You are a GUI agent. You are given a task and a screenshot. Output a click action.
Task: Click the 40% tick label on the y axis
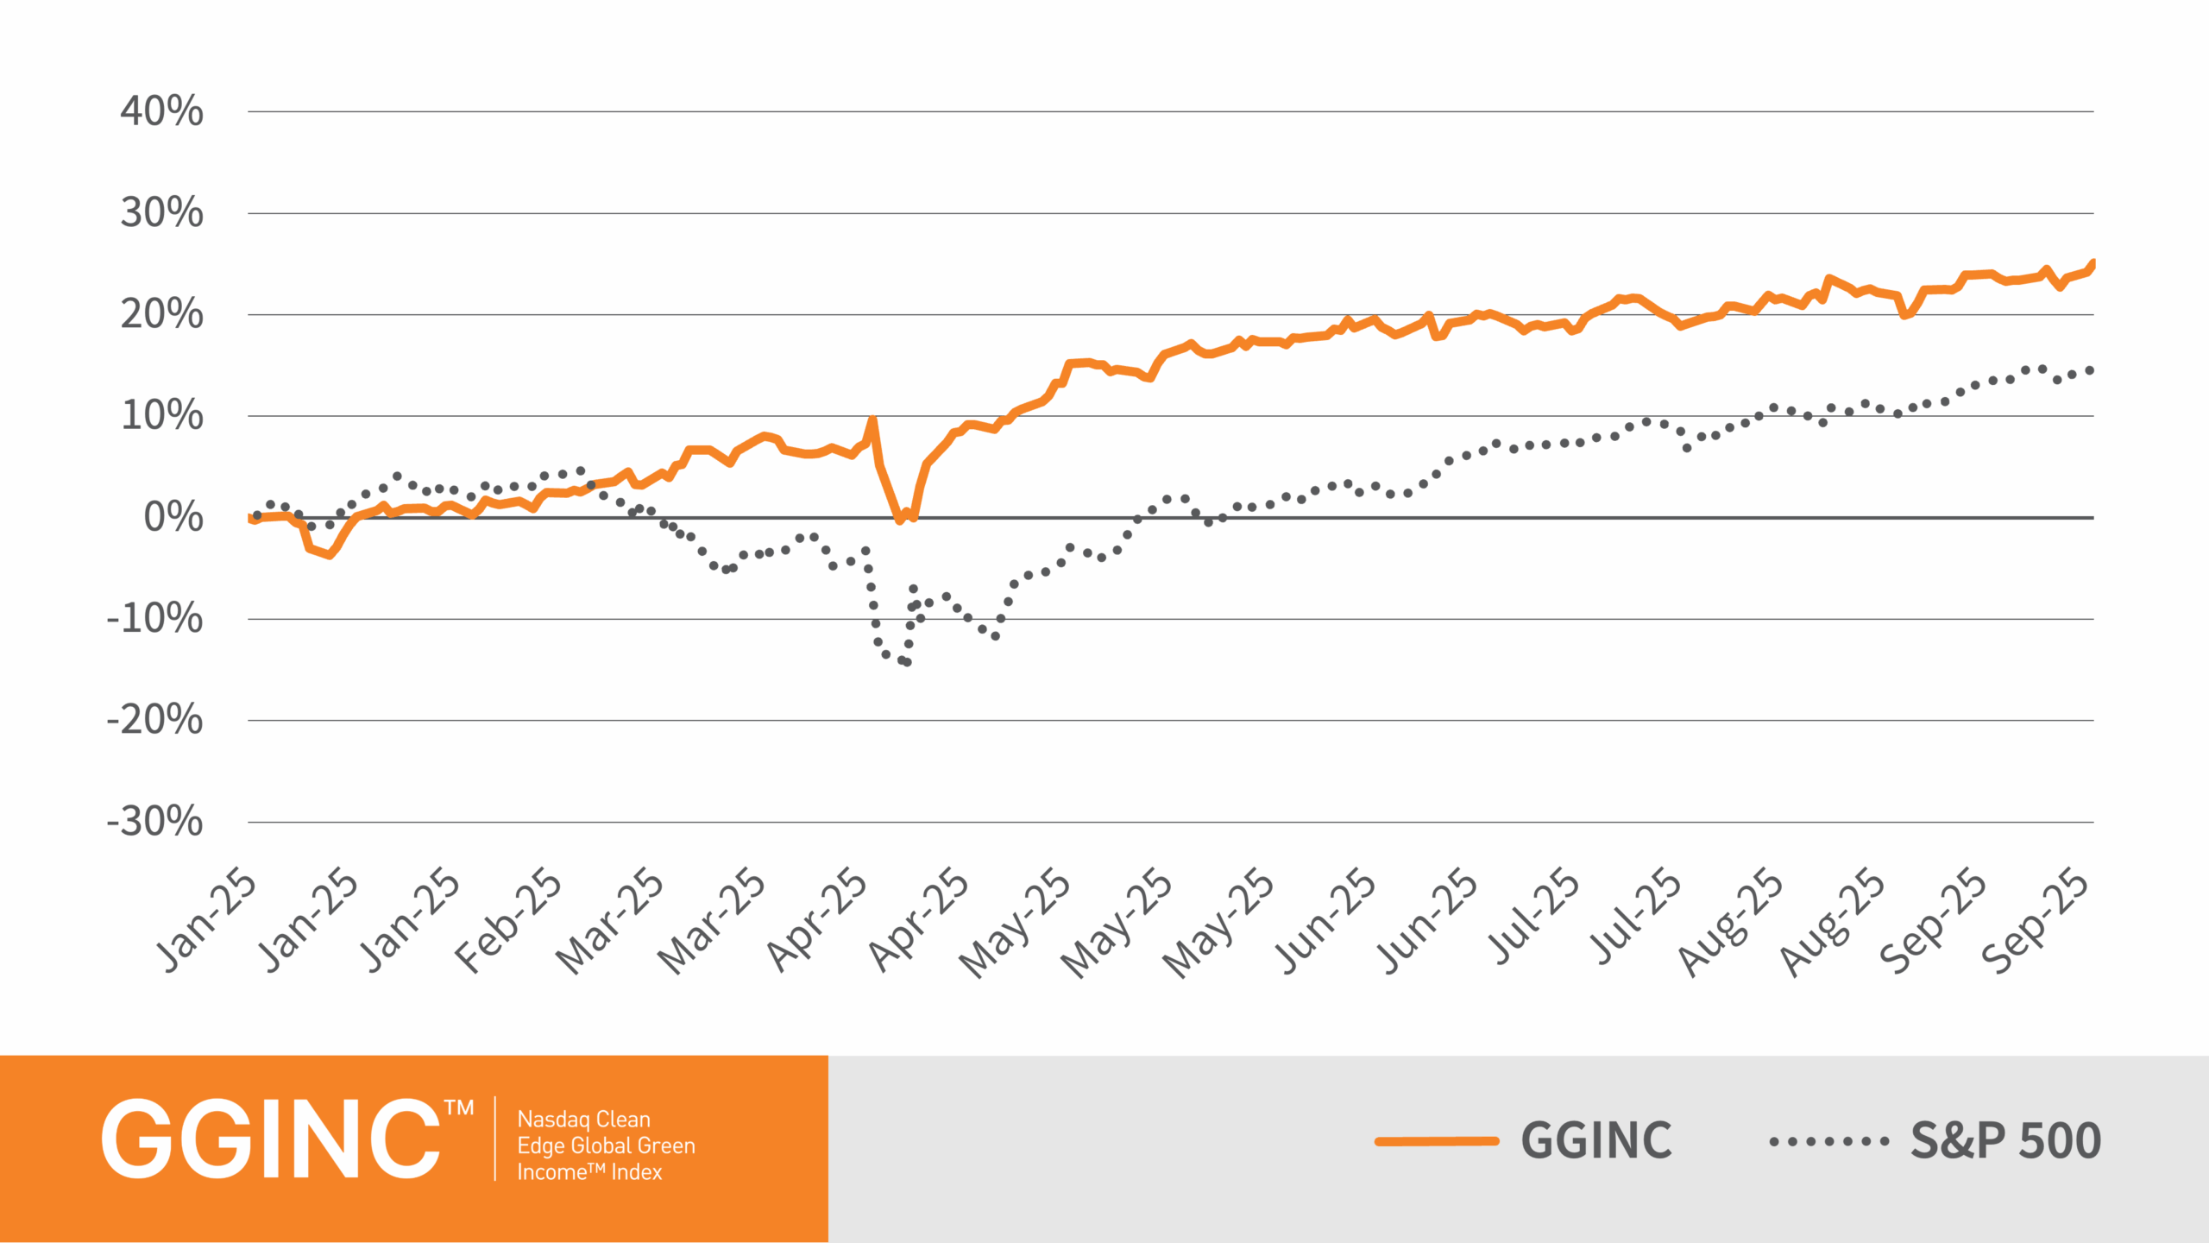point(161,111)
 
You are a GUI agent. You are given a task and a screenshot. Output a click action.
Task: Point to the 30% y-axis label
point(161,212)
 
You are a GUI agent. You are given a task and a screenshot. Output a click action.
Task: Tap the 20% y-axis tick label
point(161,314)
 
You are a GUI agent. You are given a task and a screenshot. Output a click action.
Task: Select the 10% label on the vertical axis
point(161,415)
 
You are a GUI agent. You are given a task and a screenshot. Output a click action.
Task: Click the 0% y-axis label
point(173,517)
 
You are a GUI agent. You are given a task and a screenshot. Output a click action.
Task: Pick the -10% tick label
point(154,619)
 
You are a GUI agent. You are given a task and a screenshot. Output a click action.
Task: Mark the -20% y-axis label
point(154,720)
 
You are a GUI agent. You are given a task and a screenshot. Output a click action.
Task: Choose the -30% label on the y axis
point(154,822)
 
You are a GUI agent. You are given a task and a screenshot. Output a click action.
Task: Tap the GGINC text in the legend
point(1595,1140)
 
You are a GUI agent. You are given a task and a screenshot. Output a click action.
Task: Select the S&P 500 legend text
point(2005,1140)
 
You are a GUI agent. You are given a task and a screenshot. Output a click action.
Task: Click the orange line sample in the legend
point(1437,1141)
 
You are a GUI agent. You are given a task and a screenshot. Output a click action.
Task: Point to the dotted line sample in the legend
point(1828,1141)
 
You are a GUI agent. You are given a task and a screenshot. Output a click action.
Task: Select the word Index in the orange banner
point(636,1172)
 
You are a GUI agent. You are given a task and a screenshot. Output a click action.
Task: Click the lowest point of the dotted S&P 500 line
point(907,662)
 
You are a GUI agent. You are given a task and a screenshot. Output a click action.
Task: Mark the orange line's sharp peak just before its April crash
point(872,420)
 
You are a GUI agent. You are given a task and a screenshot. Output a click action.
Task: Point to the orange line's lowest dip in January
point(329,555)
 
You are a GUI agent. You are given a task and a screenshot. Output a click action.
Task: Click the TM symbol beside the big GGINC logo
point(459,1108)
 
